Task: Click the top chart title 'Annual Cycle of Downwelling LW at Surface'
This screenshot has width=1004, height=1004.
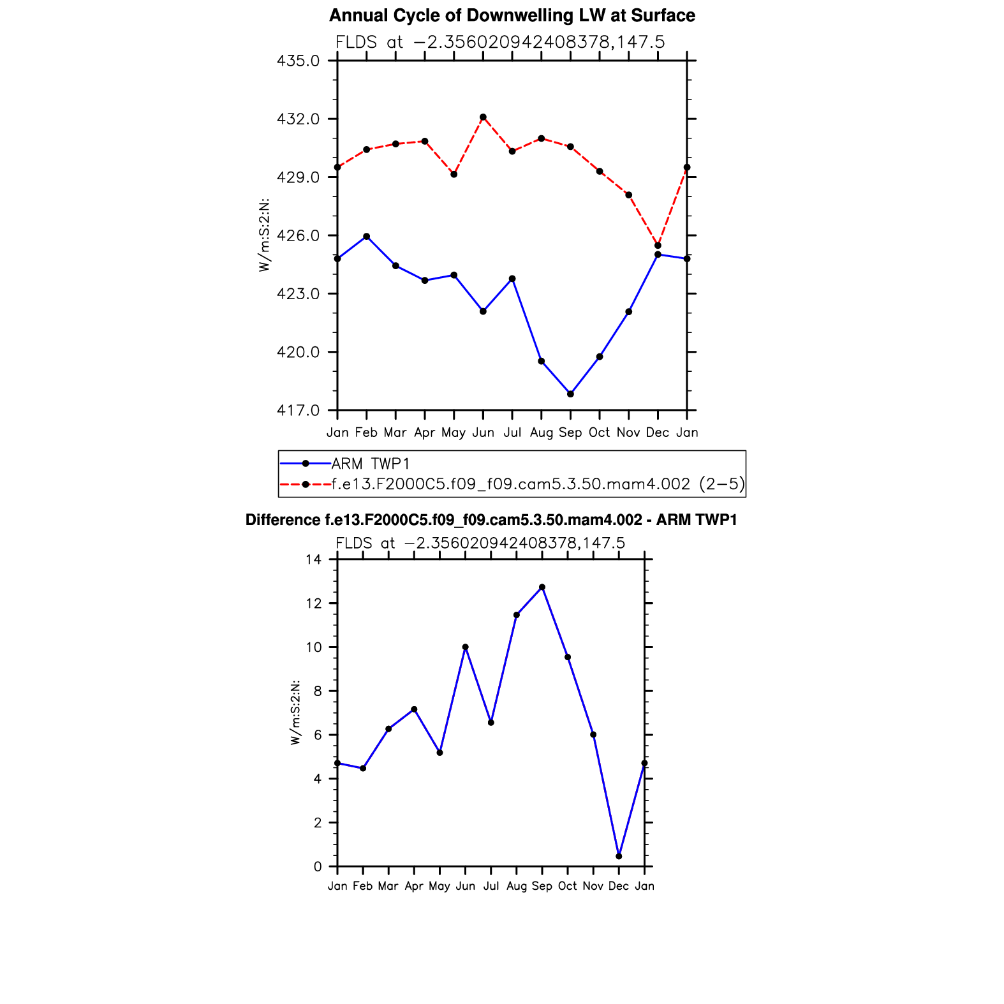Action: [x=512, y=16]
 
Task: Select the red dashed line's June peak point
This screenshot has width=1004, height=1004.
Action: [x=483, y=117]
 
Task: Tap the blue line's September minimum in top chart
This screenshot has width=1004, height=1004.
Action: [x=570, y=394]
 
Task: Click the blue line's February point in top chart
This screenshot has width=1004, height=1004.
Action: [x=366, y=237]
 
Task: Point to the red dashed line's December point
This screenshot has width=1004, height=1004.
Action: [x=658, y=246]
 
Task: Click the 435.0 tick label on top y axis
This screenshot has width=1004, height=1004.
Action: [x=298, y=61]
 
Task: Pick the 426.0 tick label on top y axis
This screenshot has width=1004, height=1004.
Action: [x=298, y=236]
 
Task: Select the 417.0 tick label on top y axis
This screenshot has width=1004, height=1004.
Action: [x=298, y=411]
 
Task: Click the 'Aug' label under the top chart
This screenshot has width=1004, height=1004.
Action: [x=541, y=433]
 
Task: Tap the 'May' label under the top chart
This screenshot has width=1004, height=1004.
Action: [x=454, y=433]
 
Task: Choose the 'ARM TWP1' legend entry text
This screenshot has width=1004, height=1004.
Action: [x=370, y=464]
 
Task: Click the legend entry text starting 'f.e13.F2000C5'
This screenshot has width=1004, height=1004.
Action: [x=538, y=485]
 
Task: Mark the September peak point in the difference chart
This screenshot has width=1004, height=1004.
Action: [x=542, y=587]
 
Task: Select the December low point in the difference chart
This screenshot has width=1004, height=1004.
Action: [x=619, y=856]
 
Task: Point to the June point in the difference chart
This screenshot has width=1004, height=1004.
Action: [x=466, y=647]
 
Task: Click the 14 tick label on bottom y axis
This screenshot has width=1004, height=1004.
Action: [x=313, y=560]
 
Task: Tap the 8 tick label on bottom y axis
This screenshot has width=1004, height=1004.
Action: [x=317, y=691]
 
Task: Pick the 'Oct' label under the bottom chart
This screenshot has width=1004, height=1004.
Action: [x=567, y=886]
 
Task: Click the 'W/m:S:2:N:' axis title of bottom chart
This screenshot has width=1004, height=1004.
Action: [x=295, y=712]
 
